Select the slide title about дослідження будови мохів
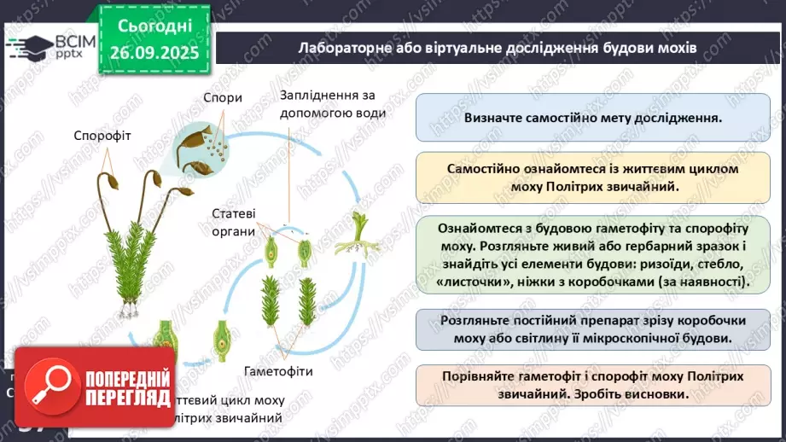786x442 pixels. pyautogui.click(x=498, y=48)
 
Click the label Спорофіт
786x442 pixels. pyautogui.click(x=102, y=136)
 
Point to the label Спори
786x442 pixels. pyautogui.click(x=222, y=97)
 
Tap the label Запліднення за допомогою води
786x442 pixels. pyautogui.click(x=333, y=102)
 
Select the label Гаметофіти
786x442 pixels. pyautogui.click(x=278, y=372)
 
